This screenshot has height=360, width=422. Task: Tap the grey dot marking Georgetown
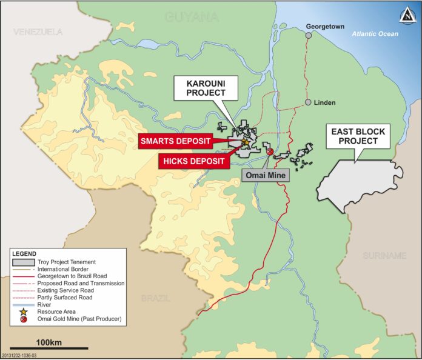point(309,35)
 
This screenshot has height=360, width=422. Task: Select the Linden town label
point(325,102)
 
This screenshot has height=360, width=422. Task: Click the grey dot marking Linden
point(309,102)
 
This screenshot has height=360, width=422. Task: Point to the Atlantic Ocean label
point(375,34)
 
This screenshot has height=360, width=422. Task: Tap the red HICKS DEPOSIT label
point(193,161)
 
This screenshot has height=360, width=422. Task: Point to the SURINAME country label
point(384,256)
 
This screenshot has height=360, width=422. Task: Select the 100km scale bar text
point(49,342)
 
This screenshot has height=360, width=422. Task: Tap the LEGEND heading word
point(24,253)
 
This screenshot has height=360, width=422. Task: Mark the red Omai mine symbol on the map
point(270,152)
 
